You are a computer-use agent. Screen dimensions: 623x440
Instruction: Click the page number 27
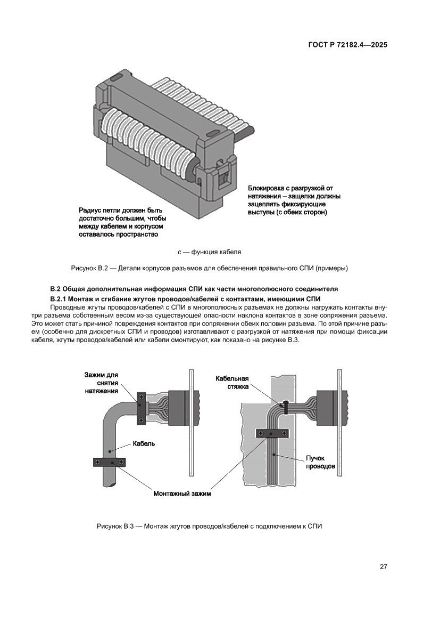tap(383, 567)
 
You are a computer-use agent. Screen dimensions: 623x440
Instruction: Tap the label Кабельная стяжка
tap(232, 383)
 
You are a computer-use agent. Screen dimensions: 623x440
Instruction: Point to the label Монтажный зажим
tap(182, 494)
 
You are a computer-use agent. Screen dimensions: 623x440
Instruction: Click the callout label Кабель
tap(144, 443)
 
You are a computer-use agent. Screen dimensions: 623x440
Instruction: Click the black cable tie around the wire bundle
tap(286, 408)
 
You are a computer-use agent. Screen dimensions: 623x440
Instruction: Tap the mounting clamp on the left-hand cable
tap(110, 462)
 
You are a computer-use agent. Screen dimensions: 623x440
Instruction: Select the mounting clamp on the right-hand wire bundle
tap(273, 433)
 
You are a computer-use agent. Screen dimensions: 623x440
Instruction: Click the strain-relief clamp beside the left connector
tap(141, 409)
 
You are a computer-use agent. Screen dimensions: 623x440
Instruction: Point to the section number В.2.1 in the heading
tap(60, 298)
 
